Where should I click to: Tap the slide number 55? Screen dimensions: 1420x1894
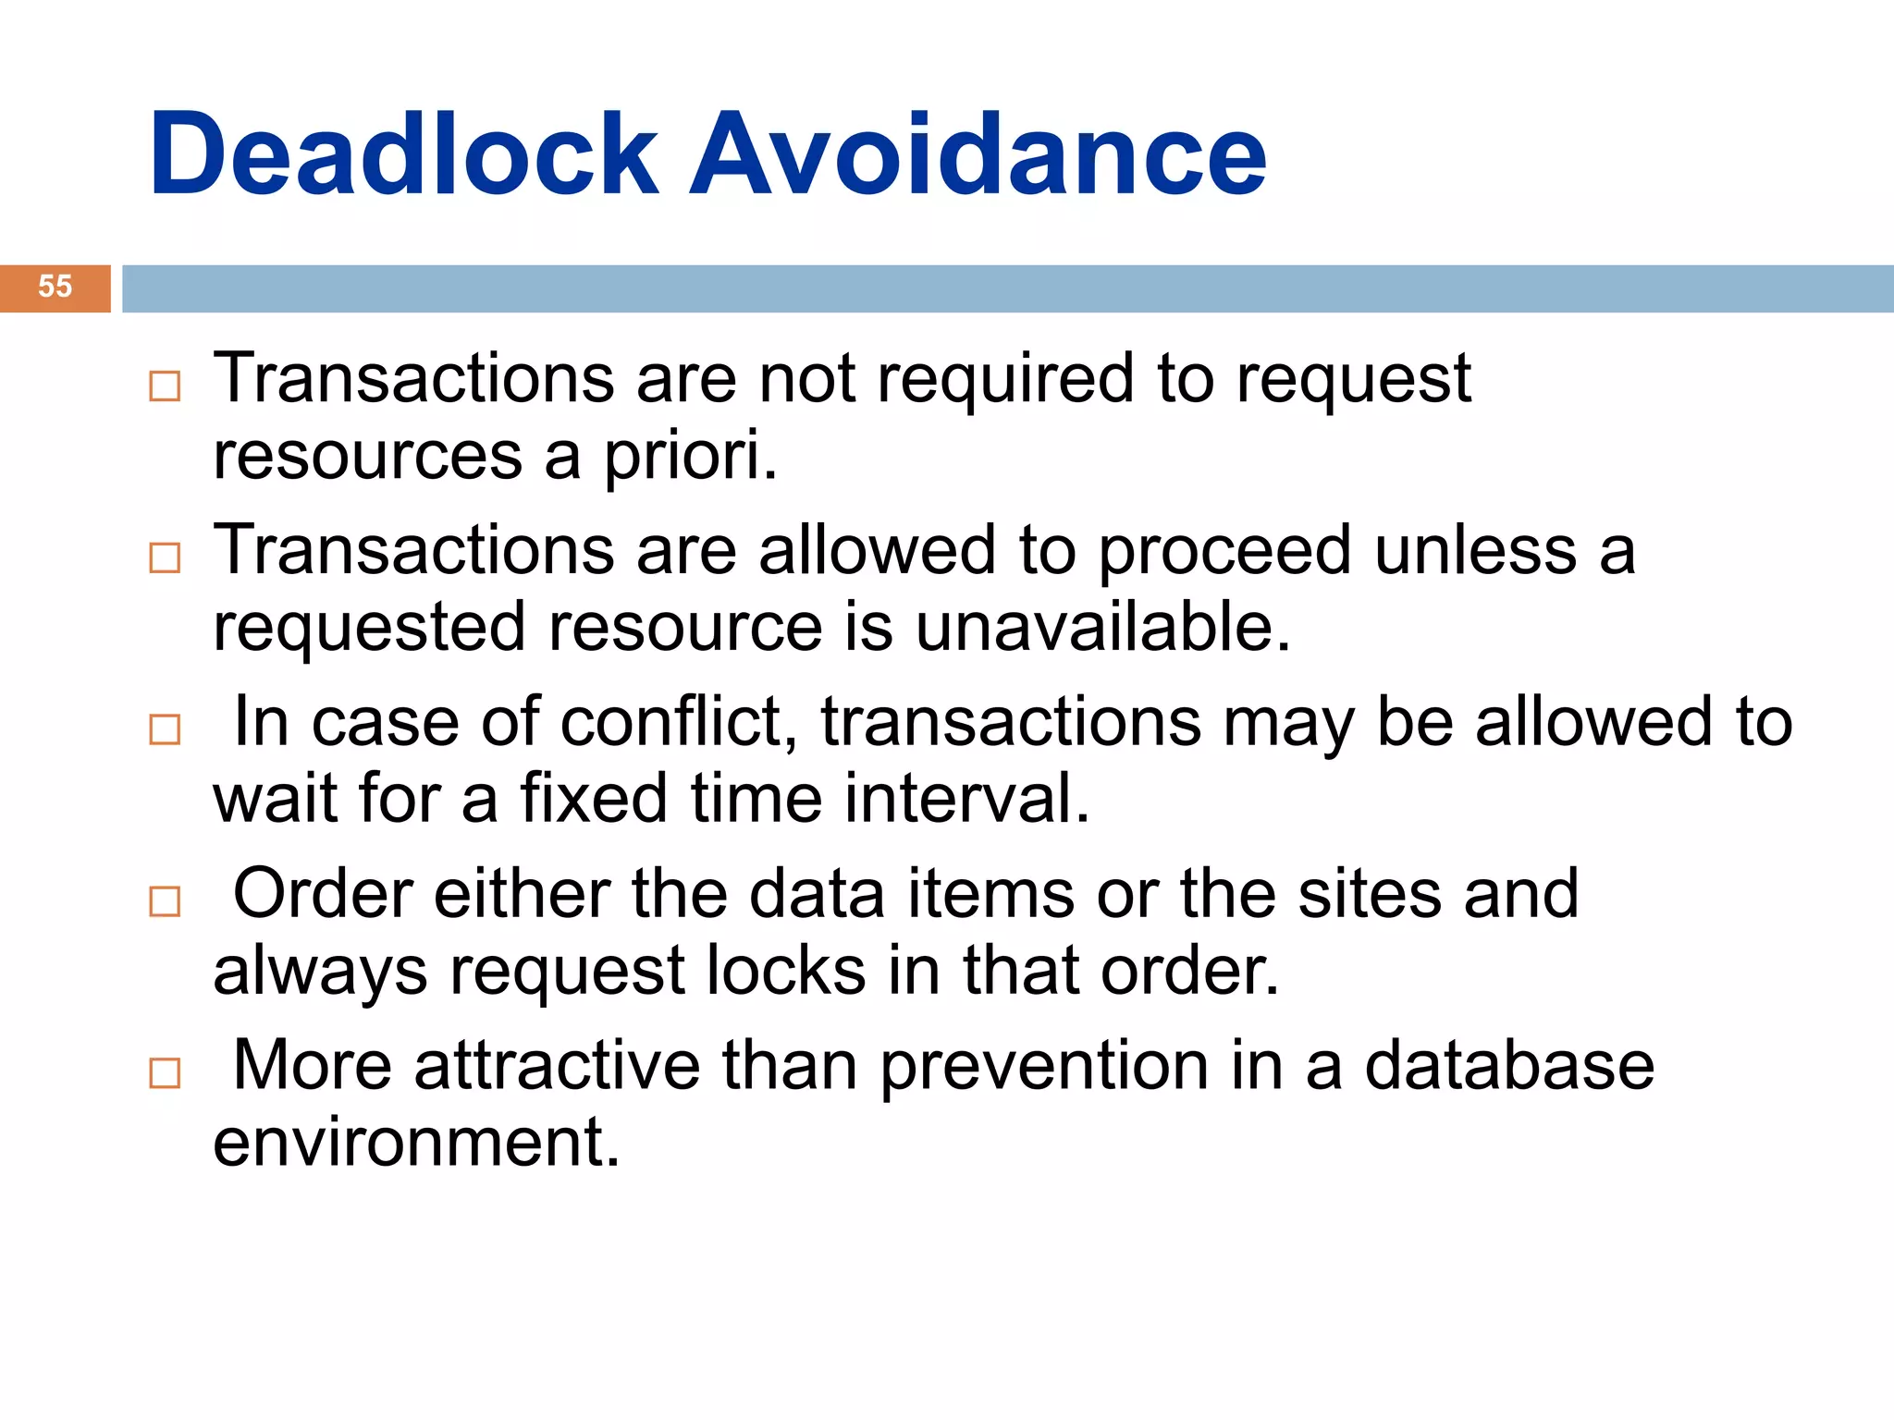(55, 287)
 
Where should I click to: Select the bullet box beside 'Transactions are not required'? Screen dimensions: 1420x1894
(165, 386)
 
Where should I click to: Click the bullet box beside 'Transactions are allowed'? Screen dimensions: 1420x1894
(165, 557)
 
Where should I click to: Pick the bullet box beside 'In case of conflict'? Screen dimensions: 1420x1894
(165, 729)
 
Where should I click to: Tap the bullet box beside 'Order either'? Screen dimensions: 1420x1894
(165, 900)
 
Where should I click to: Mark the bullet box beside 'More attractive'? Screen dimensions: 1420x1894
(165, 1072)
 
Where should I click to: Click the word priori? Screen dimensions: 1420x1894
(691, 456)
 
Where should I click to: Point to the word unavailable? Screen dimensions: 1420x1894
(1102, 627)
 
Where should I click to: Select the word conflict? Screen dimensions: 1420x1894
(679, 722)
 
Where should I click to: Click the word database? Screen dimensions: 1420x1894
(1509, 1065)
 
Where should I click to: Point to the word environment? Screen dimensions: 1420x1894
(416, 1143)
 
